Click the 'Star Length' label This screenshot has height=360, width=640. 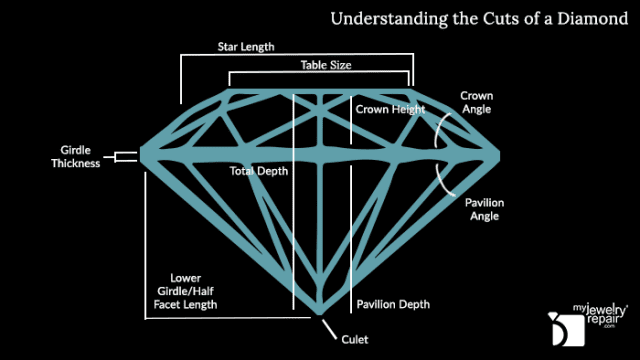pos(246,46)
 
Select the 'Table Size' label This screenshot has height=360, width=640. pos(326,64)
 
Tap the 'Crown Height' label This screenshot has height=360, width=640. pos(386,109)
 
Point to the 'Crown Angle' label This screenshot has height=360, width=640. pos(475,102)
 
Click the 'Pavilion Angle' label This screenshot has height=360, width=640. pos(484,209)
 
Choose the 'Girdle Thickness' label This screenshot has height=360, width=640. pos(76,157)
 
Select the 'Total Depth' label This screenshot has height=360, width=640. pos(259,171)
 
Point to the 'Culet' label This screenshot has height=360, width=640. pos(355,340)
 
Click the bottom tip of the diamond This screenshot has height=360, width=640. pos(320,318)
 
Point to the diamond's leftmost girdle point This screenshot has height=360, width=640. pos(140,154)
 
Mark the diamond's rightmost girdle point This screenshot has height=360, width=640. pos(499,154)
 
